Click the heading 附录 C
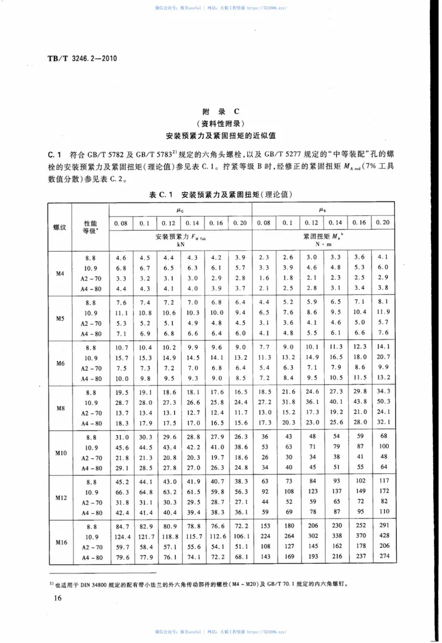coord(220,111)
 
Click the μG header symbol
coord(181,210)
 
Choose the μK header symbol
coord(323,210)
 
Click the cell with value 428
coord(383,536)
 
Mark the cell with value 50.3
coord(383,402)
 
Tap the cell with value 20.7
coord(383,357)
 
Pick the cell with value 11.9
coord(383,312)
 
